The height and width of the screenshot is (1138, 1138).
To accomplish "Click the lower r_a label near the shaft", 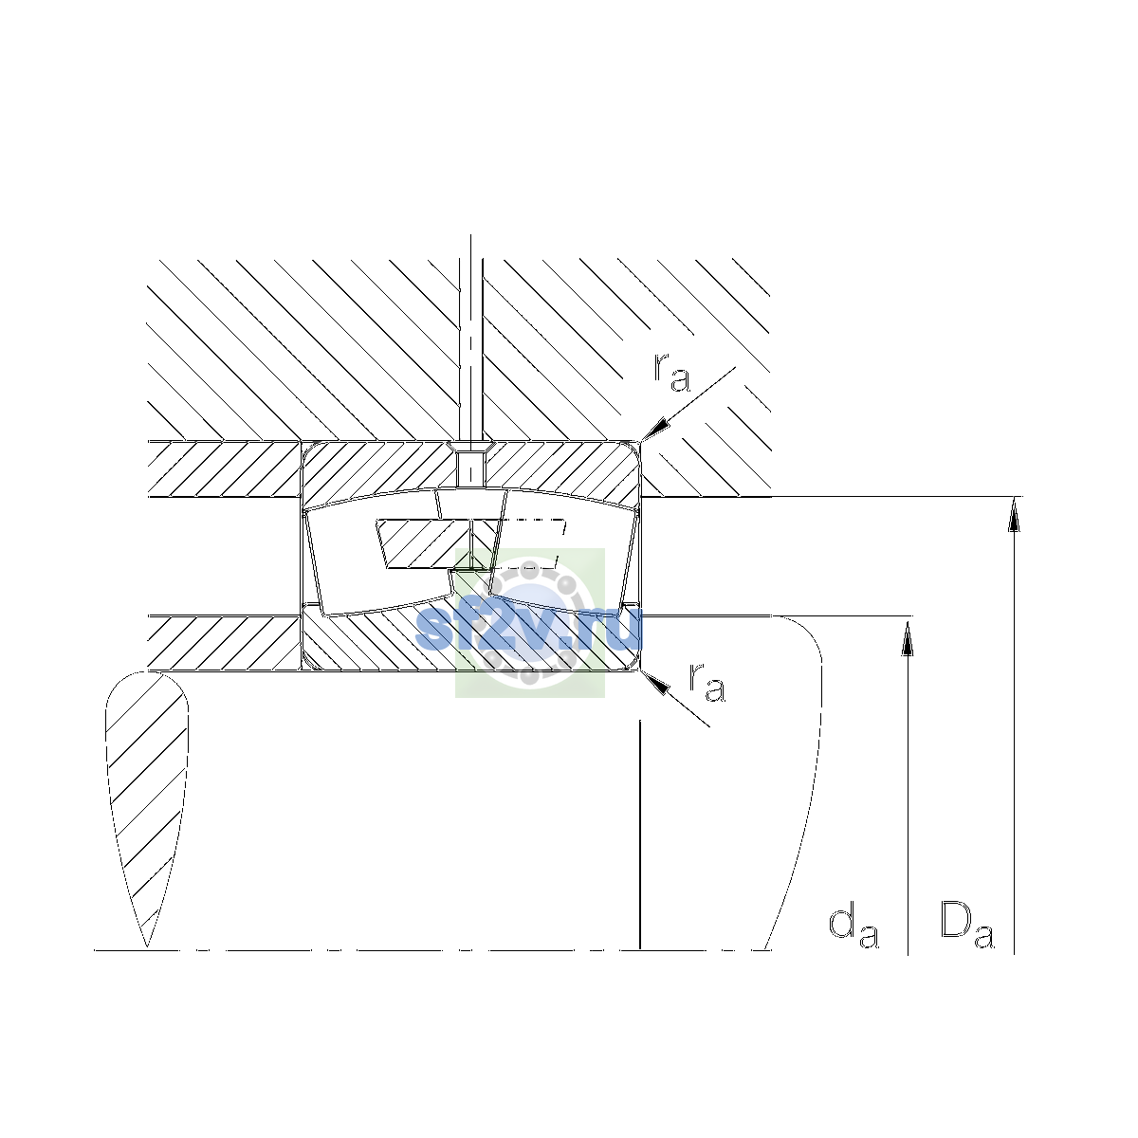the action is pos(707,684).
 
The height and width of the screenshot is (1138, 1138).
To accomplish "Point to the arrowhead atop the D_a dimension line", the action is pos(1014,514).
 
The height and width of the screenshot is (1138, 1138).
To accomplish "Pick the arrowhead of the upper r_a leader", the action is pos(656,429).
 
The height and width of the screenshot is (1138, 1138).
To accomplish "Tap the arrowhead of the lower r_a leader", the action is pos(655,682).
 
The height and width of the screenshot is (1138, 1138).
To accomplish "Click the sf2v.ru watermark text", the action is pos(529,629).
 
